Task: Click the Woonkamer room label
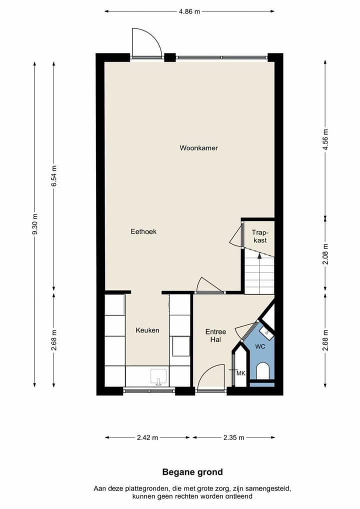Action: click(198, 148)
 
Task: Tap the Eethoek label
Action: click(143, 231)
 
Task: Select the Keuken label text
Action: click(147, 330)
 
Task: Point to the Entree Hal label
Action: click(215, 335)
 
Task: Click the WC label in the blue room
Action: click(260, 346)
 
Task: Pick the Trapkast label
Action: click(259, 236)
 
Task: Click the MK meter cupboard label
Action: click(240, 373)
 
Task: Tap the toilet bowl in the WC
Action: click(262, 371)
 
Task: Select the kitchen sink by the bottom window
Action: click(158, 376)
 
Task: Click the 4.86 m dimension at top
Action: click(189, 11)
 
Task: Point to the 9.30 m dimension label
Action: click(34, 224)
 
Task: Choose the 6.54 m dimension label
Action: click(54, 176)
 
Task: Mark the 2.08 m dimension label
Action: click(325, 253)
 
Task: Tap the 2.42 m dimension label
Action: click(147, 437)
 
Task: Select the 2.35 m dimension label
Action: click(233, 437)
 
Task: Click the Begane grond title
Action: click(192, 471)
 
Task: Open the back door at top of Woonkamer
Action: click(146, 45)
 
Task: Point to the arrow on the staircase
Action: click(259, 255)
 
